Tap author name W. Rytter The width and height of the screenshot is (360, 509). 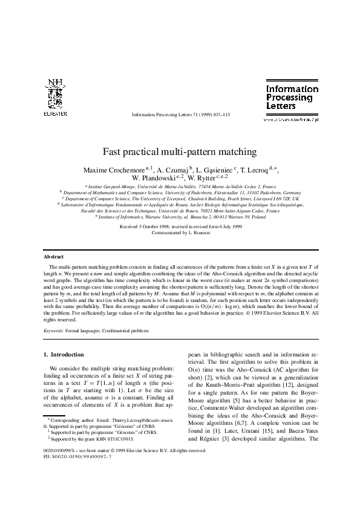(207, 179)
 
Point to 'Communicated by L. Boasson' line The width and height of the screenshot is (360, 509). (180, 232)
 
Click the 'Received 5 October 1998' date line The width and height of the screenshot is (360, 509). (180, 226)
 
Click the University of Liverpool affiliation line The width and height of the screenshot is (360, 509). (180, 198)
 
